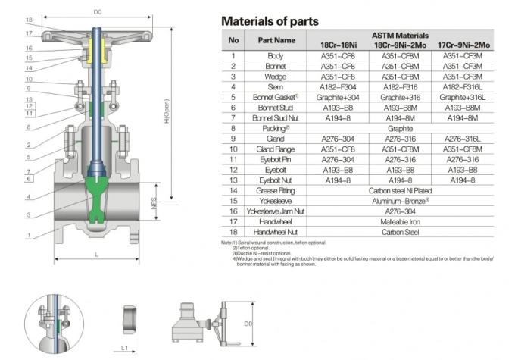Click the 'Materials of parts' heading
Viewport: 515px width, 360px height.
click(269, 20)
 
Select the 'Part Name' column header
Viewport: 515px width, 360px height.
click(276, 41)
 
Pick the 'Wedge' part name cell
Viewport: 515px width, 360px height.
click(276, 77)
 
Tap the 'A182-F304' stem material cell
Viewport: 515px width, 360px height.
click(338, 87)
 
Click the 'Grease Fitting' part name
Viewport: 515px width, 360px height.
click(276, 192)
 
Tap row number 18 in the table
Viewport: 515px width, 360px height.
click(233, 233)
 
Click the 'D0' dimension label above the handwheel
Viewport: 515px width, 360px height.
click(97, 13)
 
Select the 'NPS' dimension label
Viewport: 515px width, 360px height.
click(154, 205)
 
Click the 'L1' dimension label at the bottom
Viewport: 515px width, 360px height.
click(129, 346)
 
